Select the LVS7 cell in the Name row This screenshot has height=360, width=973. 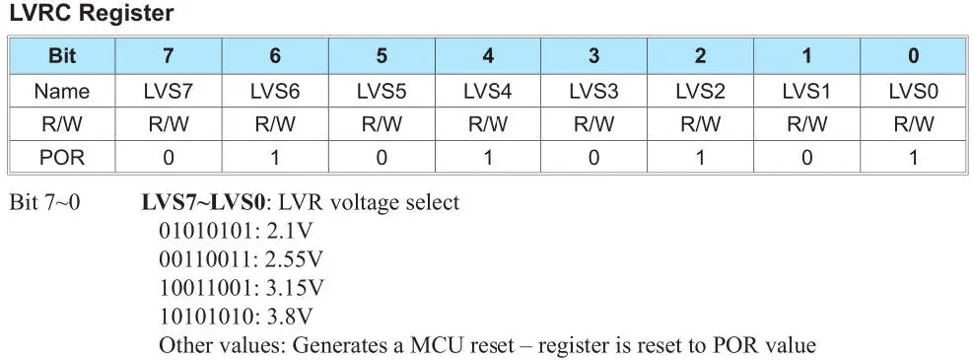point(169,91)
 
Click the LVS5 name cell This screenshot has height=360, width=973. point(381,91)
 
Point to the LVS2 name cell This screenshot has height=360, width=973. point(700,91)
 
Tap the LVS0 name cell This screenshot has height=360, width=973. point(913,91)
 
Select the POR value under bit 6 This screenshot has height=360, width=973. point(275,158)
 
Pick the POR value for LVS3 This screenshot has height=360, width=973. point(593,158)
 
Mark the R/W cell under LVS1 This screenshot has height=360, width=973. point(806,124)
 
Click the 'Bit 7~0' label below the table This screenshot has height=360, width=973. point(45,203)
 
